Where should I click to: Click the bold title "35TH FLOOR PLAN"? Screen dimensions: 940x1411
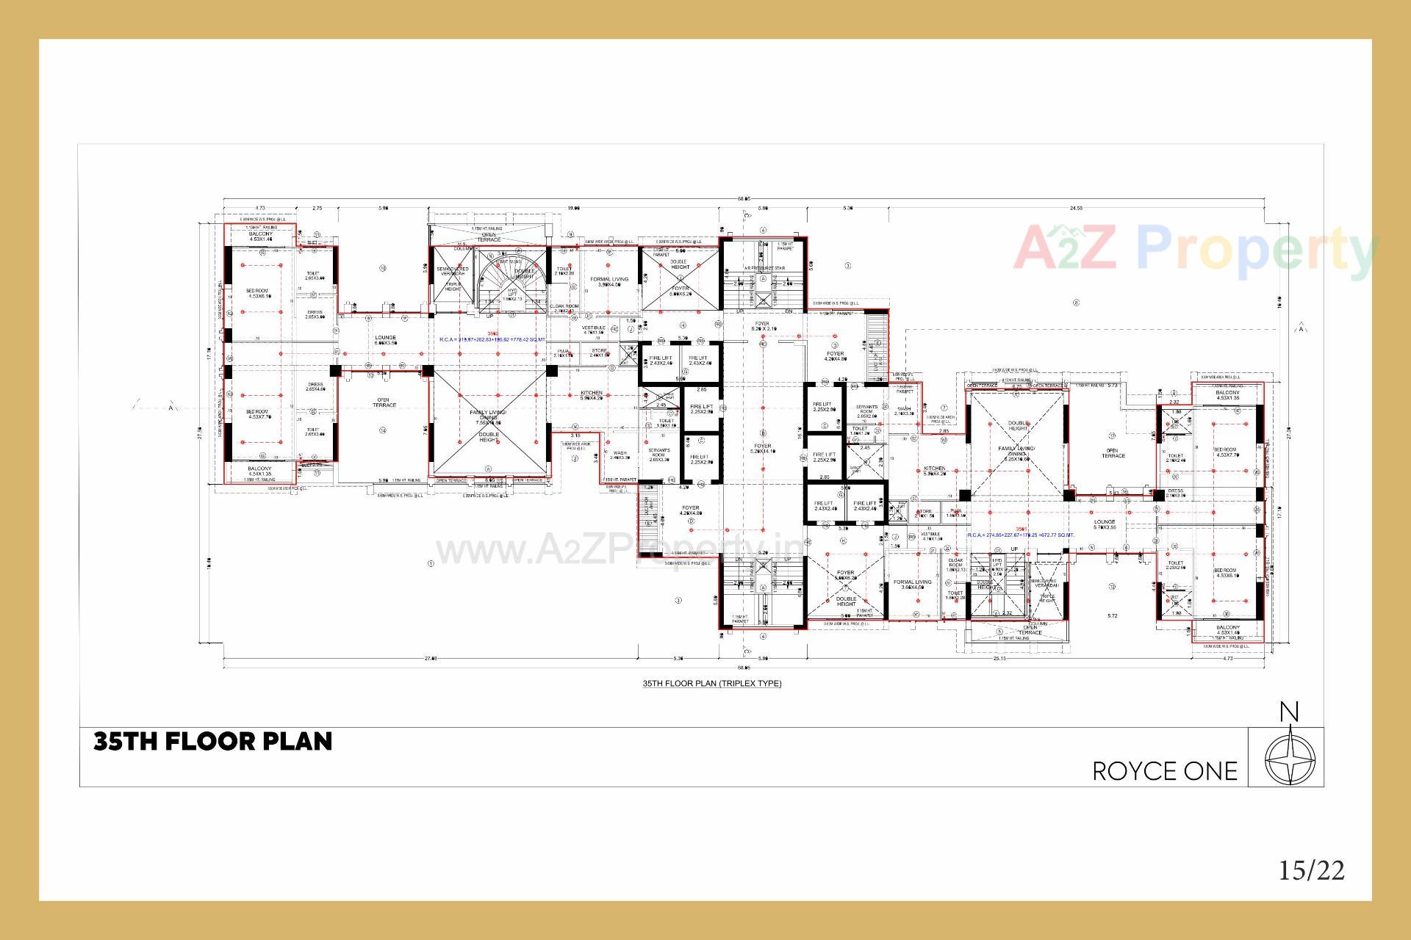212,742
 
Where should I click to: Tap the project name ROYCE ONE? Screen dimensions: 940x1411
1165,771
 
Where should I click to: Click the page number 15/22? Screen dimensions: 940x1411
1312,870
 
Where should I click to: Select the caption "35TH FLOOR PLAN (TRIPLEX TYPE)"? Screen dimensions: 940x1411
712,684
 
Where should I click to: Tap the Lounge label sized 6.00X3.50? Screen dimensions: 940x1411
385,340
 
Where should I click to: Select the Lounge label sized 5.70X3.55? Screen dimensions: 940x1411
1105,524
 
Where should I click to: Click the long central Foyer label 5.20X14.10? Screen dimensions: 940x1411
762,448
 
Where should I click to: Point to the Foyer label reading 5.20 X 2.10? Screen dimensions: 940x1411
762,325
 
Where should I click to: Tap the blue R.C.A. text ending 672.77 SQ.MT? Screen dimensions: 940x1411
1021,535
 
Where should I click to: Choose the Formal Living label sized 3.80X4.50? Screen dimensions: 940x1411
609,282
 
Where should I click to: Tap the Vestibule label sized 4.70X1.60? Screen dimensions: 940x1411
593,330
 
